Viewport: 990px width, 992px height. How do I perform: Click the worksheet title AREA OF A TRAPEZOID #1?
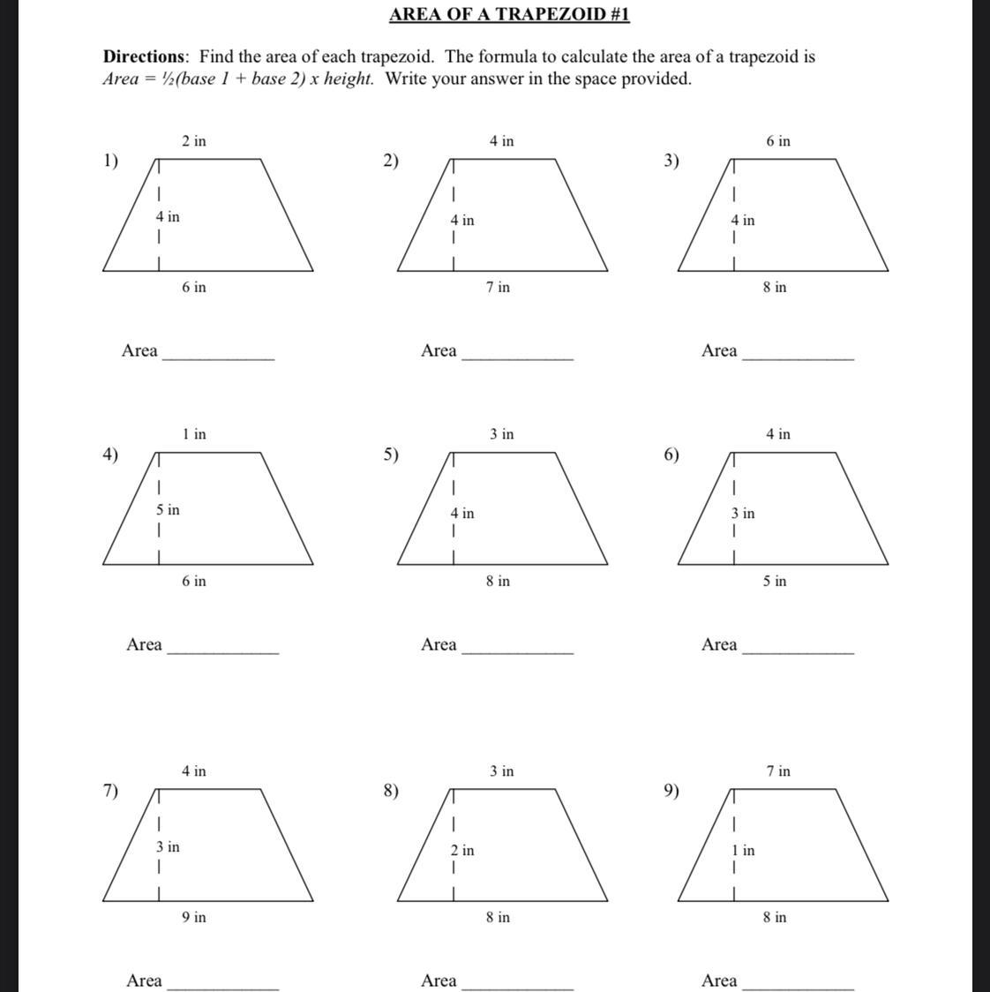pos(509,15)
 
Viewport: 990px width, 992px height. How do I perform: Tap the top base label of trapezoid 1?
pos(194,141)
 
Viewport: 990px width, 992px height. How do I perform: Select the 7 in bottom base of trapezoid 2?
pos(498,288)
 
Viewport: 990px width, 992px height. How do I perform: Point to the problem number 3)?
pos(672,161)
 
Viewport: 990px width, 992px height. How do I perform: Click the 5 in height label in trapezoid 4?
pos(168,510)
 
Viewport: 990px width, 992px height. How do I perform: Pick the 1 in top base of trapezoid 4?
pos(194,434)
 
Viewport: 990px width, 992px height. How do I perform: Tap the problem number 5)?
pos(391,455)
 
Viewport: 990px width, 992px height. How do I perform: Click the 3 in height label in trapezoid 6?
pos(743,514)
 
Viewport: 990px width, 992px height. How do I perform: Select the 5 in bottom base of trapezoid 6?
pos(775,582)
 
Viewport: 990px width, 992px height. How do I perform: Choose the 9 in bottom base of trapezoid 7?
pos(194,918)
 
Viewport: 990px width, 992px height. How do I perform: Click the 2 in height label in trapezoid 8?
pos(462,851)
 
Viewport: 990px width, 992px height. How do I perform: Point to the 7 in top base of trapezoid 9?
pos(778,771)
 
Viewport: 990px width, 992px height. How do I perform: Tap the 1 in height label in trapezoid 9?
pos(743,851)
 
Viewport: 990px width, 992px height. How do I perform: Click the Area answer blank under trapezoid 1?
pos(219,355)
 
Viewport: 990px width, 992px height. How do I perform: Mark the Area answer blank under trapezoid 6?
pos(799,649)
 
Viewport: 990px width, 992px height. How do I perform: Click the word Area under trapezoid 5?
pos(439,645)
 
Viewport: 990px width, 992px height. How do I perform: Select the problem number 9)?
pos(672,791)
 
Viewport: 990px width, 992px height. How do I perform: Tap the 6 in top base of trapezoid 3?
pos(778,141)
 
